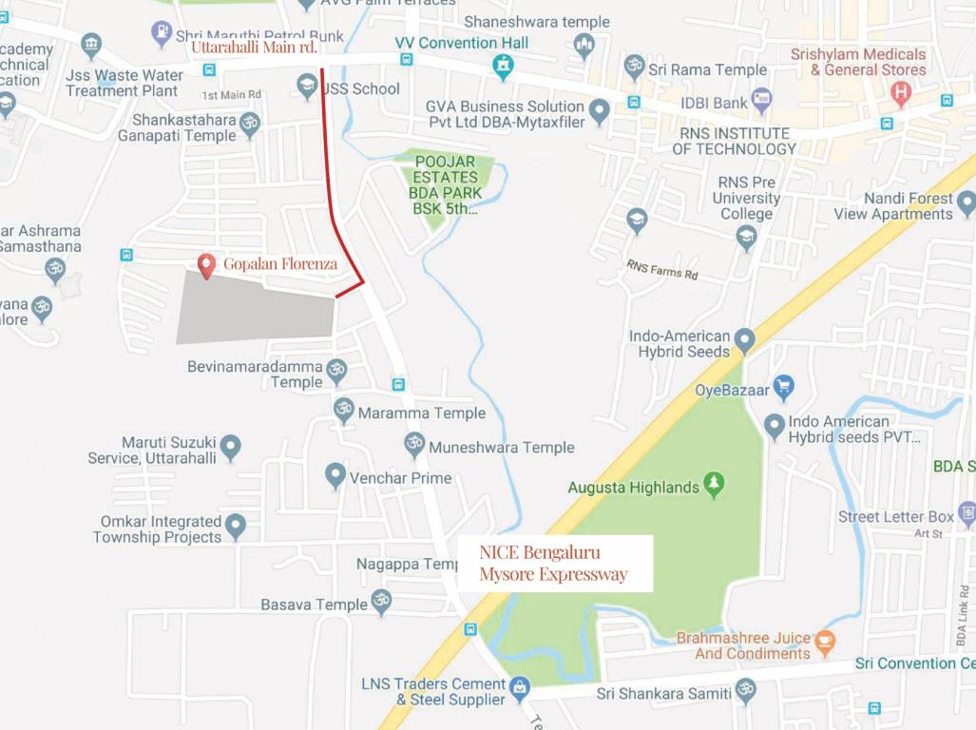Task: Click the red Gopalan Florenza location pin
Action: point(206,265)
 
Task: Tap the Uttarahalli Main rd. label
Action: point(253,47)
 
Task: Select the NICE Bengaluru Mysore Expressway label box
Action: point(554,564)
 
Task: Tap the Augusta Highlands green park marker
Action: point(714,486)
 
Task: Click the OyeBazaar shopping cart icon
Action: point(783,387)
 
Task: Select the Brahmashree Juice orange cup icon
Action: point(825,642)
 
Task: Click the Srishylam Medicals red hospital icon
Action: point(900,93)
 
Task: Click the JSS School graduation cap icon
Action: point(306,87)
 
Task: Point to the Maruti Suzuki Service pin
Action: point(231,447)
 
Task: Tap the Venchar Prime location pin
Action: point(335,475)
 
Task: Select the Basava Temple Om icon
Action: point(381,602)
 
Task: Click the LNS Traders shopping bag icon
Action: point(519,687)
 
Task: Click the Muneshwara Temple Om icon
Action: point(414,444)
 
